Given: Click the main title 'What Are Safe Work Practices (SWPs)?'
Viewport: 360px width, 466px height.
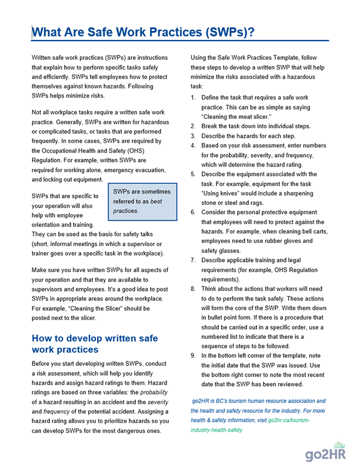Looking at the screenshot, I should pos(143,32).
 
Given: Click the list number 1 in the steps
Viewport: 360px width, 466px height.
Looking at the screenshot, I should pos(194,97).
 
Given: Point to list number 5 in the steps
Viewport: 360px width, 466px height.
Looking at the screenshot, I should pos(194,174).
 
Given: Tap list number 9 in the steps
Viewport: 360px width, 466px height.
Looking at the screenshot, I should pos(194,356).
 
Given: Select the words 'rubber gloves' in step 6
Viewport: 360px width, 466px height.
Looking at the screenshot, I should pos(286,241).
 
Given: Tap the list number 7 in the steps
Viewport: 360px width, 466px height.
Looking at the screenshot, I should pos(194,260).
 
